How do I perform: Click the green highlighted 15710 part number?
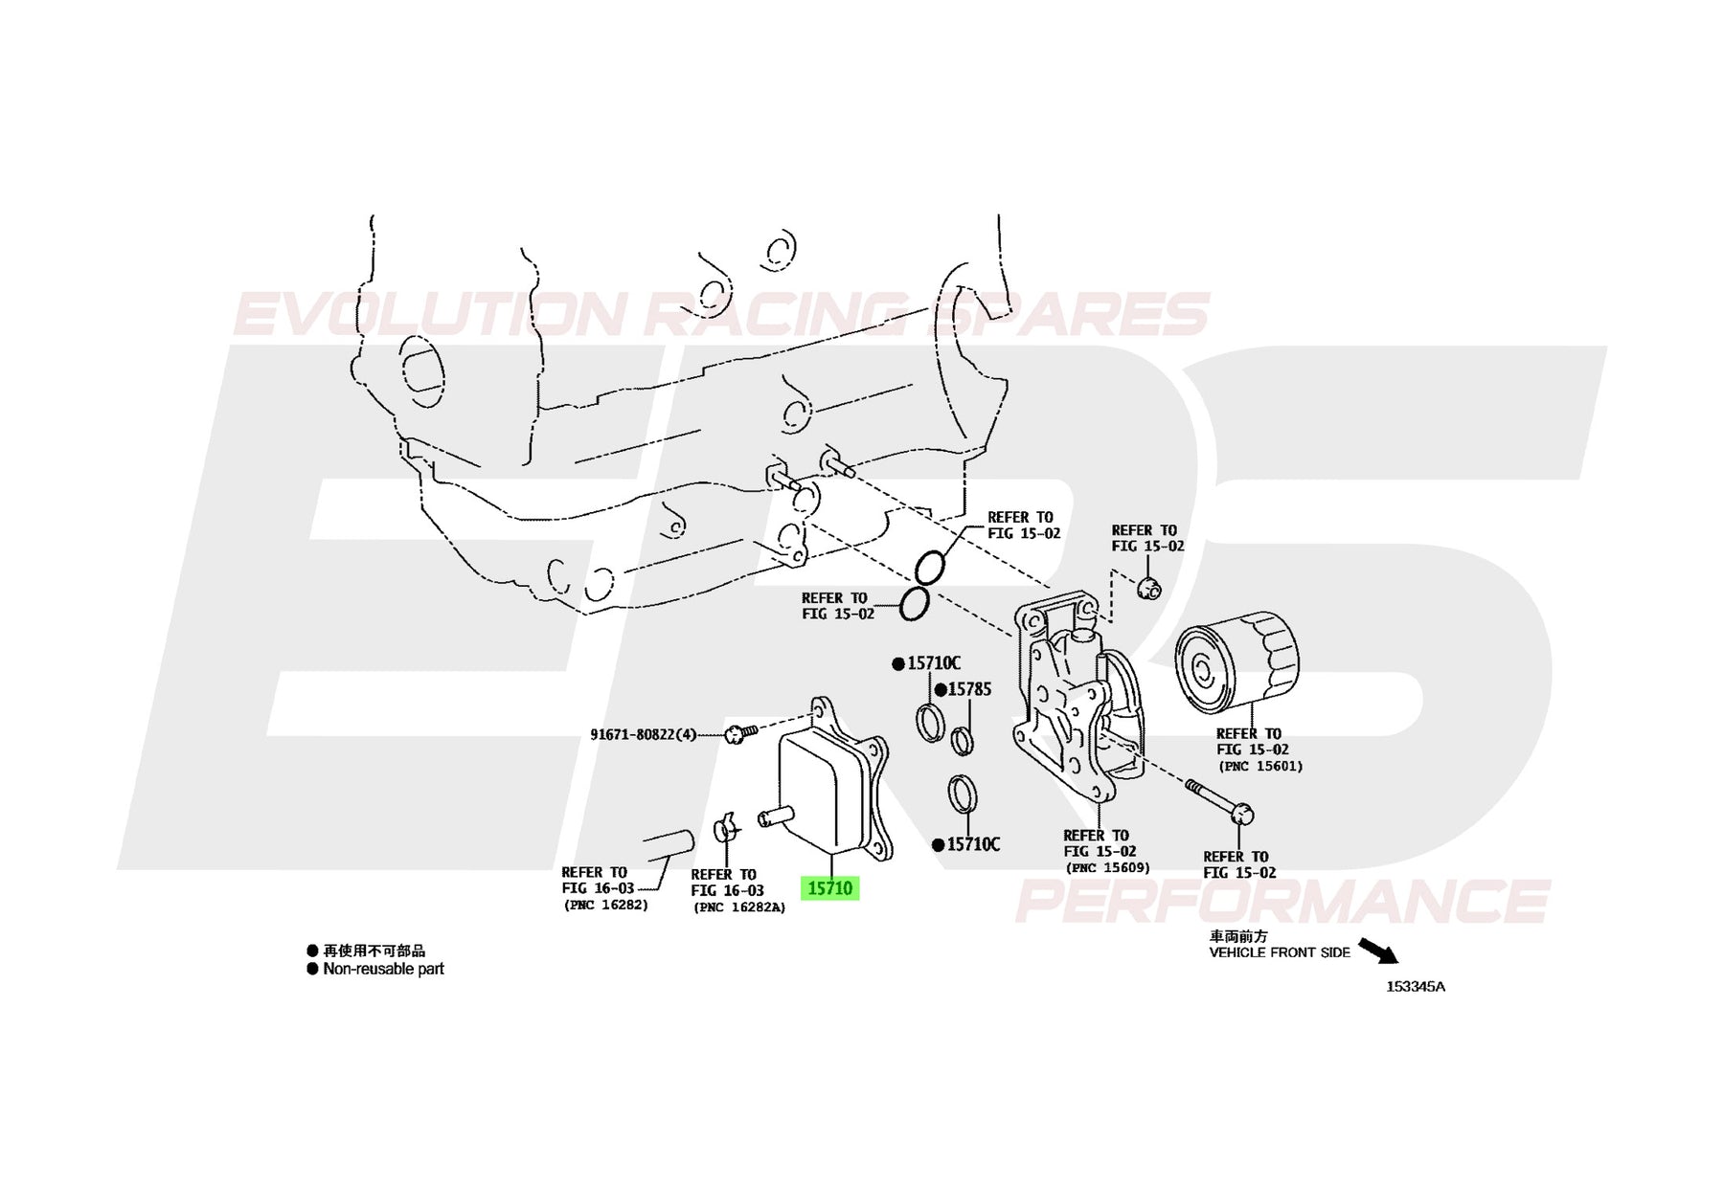tap(829, 888)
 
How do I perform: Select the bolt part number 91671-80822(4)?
tap(644, 735)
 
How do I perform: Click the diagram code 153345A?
tap(1416, 987)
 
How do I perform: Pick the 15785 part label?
tap(969, 689)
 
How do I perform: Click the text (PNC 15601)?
tap(1260, 766)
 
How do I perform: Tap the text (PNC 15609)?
tap(1107, 868)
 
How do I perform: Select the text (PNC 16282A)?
tap(739, 907)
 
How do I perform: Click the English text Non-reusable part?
tap(383, 969)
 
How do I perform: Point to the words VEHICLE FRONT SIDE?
tap(1280, 952)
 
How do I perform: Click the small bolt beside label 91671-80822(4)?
tap(740, 734)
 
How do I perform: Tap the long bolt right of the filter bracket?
tap(1219, 801)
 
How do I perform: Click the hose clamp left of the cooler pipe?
tap(727, 827)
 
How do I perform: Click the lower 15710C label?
tap(973, 844)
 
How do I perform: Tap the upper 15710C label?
tap(934, 663)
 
